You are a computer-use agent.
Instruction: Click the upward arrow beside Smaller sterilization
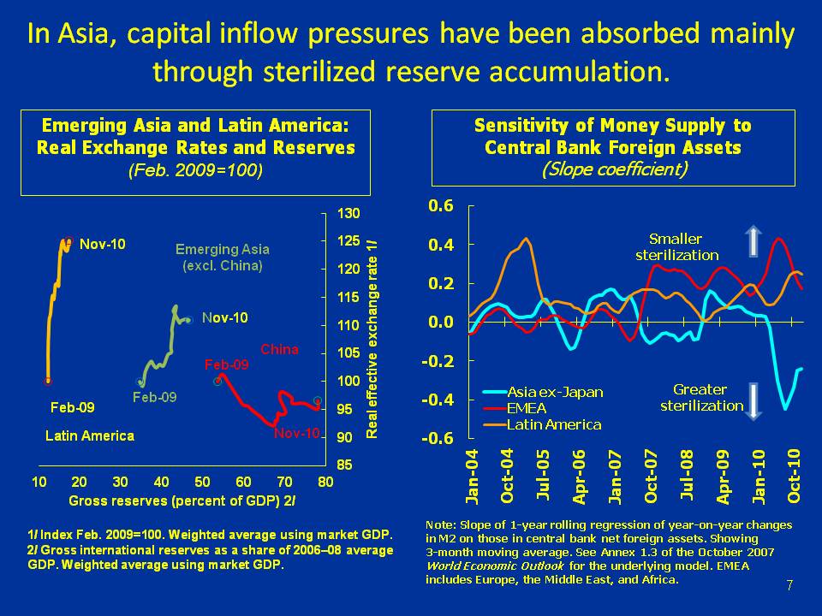(x=752, y=241)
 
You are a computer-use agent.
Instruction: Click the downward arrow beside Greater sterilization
(x=752, y=401)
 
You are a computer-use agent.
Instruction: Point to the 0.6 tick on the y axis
(x=442, y=205)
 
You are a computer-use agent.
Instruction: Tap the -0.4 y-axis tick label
(x=439, y=400)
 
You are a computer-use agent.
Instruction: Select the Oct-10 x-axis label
(x=794, y=476)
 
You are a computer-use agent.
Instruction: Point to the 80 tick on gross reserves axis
(x=325, y=482)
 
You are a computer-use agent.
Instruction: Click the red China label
(x=279, y=349)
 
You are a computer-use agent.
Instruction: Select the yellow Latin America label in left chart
(x=89, y=435)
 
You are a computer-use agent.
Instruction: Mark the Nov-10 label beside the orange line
(x=103, y=244)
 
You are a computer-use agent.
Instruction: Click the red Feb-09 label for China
(x=226, y=364)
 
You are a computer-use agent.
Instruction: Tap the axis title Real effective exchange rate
(x=372, y=339)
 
